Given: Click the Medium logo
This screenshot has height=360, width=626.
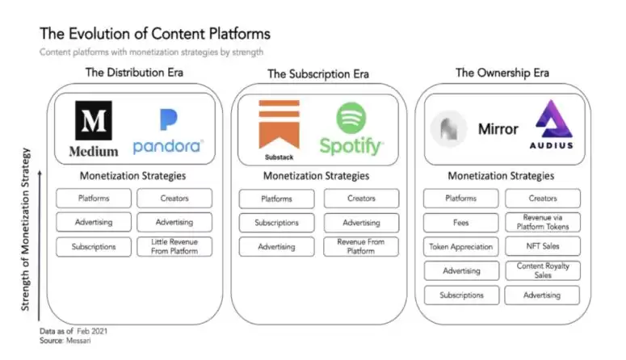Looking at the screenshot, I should [93, 128].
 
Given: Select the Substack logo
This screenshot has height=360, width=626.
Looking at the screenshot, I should [279, 128].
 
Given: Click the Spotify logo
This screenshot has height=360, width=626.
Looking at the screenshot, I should [351, 128].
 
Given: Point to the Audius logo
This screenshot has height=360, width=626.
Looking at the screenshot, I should [552, 125].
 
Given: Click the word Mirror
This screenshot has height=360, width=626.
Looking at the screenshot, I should [498, 129].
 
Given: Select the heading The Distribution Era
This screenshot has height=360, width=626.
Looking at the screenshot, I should [134, 73].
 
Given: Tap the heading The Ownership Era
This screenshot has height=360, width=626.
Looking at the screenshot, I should [502, 73].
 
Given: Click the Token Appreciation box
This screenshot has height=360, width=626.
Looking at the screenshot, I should [461, 247].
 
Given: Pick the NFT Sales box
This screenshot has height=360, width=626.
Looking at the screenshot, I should [542, 247].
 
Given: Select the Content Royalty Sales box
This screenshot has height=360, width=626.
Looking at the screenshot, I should [542, 270].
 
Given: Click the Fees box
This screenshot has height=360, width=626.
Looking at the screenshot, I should [461, 223].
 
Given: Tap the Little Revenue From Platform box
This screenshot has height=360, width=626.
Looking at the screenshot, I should [174, 247].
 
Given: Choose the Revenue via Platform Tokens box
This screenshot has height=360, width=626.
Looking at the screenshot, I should [542, 223].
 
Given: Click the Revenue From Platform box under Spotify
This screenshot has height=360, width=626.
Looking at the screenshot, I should [361, 247].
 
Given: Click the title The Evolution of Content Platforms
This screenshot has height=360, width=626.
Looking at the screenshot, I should [154, 34].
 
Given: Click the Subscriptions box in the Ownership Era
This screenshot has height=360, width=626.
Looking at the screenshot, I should [461, 295].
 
